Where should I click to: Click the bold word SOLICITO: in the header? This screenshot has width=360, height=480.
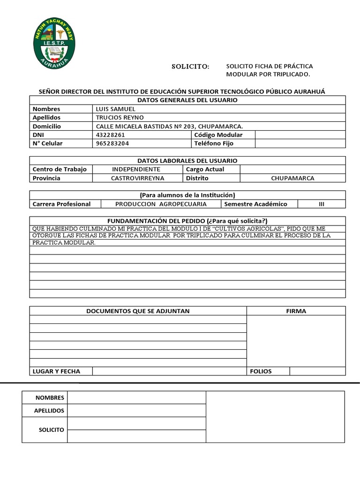[x=190, y=67]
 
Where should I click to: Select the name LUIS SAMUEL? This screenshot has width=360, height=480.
[x=115, y=109]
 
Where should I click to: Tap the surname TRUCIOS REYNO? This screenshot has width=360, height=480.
[x=120, y=117]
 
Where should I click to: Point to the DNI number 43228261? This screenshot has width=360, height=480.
[x=110, y=135]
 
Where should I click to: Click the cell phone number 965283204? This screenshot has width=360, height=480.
[x=112, y=143]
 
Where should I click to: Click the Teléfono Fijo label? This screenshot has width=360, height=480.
[x=214, y=143]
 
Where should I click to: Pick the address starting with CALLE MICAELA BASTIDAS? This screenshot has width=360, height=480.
[x=169, y=126]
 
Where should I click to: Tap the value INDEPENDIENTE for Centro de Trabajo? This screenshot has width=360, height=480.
[x=136, y=169]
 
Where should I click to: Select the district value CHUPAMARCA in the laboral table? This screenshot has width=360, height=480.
[x=292, y=178]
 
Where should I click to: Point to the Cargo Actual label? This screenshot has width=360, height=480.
[x=205, y=169]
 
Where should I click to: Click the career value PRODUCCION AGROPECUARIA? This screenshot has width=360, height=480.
[x=161, y=204]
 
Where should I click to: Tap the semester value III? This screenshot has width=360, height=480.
[x=321, y=204]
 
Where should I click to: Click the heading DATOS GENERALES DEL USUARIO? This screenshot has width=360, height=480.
[x=187, y=100]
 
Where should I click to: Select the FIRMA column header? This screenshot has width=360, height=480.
[x=296, y=311]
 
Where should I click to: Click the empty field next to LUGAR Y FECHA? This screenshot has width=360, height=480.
[x=169, y=371]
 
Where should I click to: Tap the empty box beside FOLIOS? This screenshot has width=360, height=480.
[x=317, y=371]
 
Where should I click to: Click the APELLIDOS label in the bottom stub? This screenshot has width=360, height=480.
[x=49, y=411]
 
